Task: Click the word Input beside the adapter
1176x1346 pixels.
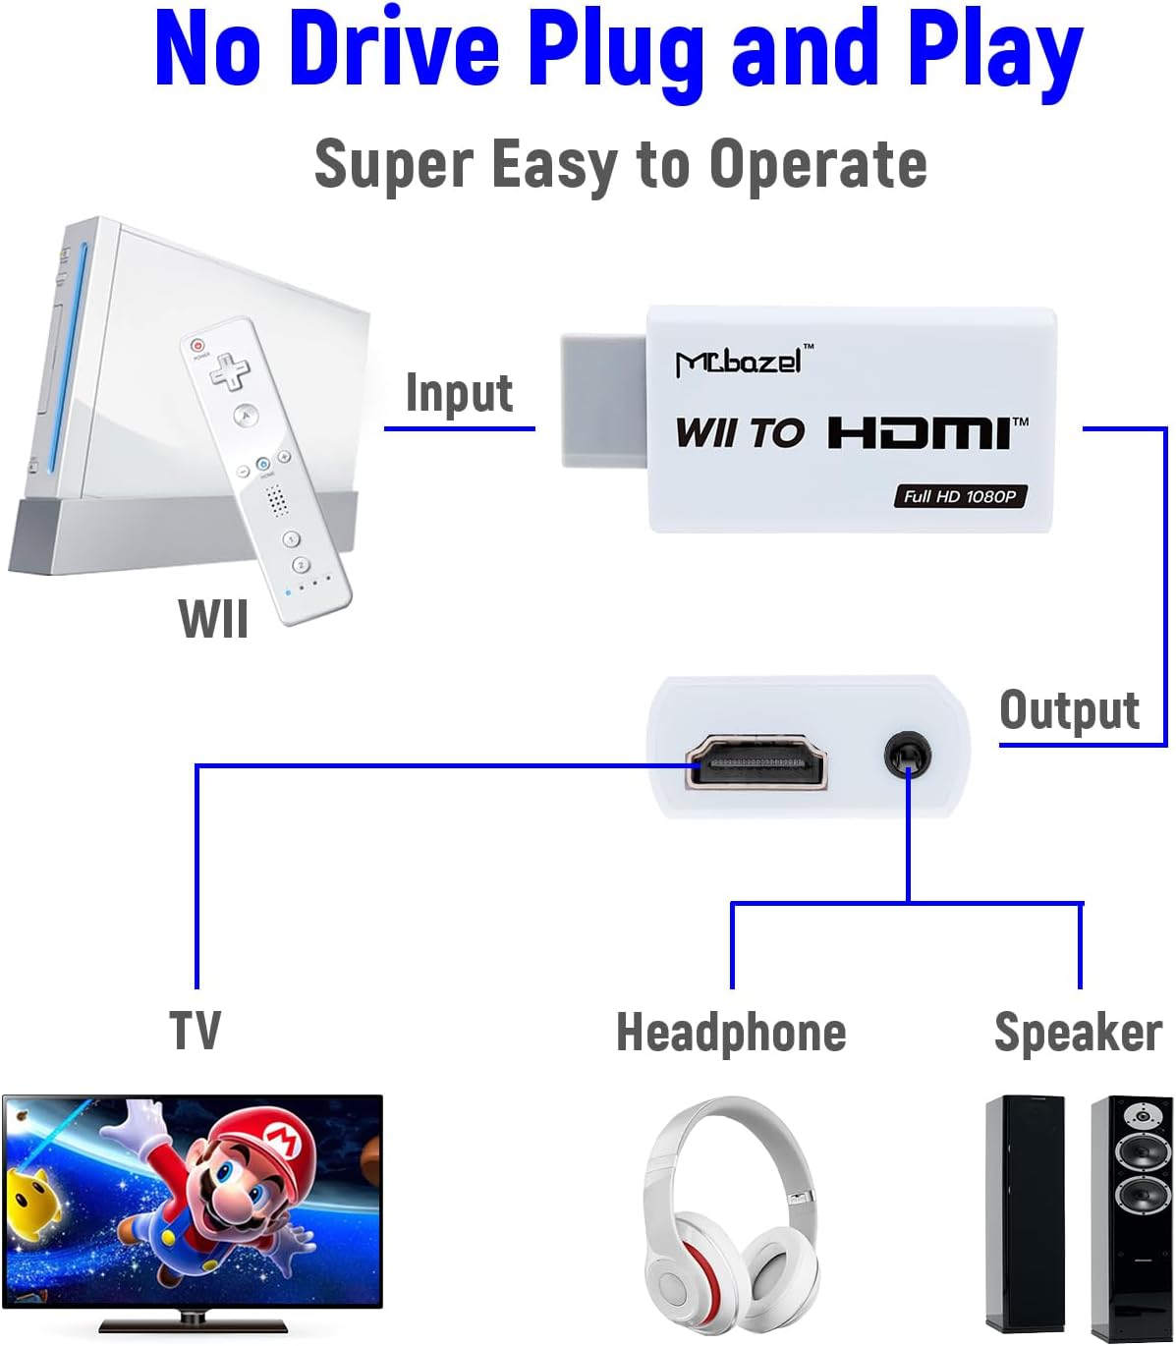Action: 459,394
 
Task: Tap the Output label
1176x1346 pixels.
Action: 1069,710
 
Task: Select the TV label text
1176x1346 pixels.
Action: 196,1031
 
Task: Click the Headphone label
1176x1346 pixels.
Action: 731,1033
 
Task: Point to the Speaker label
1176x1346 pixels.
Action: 1078,1033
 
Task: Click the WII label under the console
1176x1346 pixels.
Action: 213,619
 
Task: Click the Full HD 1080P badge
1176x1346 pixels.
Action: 959,496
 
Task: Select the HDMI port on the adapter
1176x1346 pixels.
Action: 756,761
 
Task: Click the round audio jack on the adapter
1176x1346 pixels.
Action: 907,755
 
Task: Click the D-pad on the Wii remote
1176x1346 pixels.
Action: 230,371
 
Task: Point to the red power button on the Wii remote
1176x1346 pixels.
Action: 198,346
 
